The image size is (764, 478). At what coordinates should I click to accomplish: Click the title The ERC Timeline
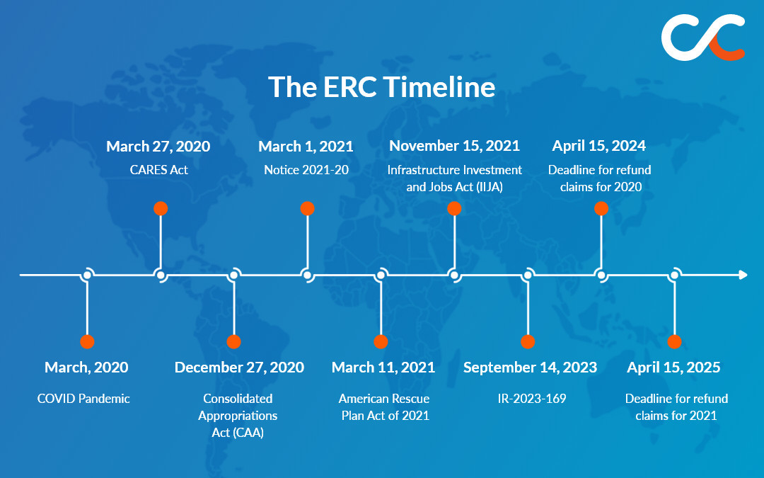[381, 87]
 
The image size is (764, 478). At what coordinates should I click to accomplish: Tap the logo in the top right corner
[703, 37]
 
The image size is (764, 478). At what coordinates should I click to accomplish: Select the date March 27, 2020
[158, 147]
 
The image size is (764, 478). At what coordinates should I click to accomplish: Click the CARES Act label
[158, 170]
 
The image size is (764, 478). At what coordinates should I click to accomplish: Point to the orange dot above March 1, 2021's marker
[307, 208]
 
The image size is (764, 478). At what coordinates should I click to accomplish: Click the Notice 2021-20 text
[306, 170]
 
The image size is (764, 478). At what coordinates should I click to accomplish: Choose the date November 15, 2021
[454, 147]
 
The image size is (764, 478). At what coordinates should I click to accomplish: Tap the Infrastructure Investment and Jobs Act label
[454, 178]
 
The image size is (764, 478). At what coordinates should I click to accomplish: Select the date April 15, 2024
[599, 147]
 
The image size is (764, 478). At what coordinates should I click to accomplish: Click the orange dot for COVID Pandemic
[87, 341]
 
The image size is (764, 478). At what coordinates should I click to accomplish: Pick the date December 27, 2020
[239, 368]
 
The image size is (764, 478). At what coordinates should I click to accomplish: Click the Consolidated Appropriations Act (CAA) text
[238, 416]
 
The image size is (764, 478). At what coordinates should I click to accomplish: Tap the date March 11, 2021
[383, 368]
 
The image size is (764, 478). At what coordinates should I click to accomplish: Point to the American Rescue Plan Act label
[384, 407]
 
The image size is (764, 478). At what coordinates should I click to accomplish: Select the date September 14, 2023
[530, 368]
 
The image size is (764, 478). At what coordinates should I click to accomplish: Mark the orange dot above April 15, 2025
[675, 341]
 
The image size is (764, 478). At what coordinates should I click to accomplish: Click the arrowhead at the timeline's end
[742, 275]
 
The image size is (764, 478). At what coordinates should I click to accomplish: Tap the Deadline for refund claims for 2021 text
[676, 407]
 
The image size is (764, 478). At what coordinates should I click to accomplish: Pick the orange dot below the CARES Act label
[161, 208]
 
